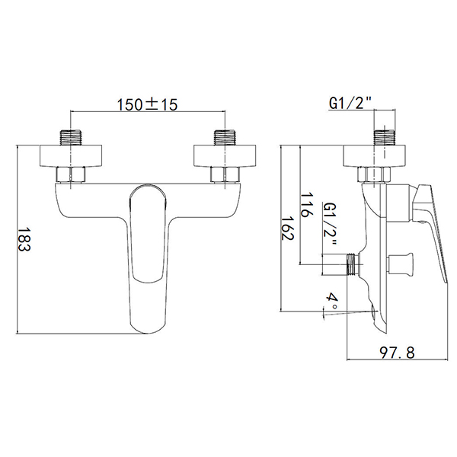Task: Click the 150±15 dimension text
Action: click(x=148, y=105)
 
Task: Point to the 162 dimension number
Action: click(x=287, y=228)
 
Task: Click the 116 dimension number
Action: click(x=306, y=205)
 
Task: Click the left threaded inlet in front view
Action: click(x=72, y=139)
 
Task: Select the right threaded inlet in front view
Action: click(x=224, y=139)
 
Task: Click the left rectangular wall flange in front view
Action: click(x=72, y=155)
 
